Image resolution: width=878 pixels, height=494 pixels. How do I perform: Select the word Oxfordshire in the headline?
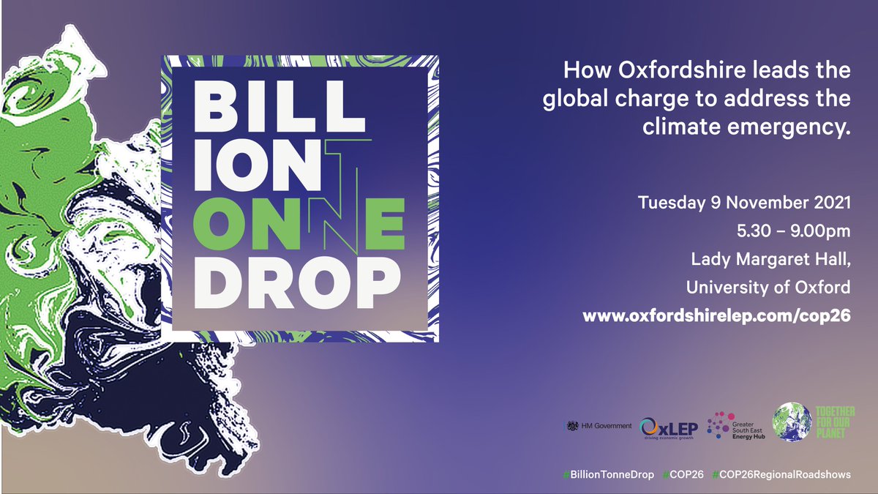pyautogui.click(x=677, y=72)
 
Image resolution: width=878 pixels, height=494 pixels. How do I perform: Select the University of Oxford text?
pyautogui.click(x=768, y=288)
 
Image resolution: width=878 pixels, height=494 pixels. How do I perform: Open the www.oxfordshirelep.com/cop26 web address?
pyautogui.click(x=716, y=316)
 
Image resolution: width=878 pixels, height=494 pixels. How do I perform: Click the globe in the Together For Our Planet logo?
pyautogui.click(x=793, y=422)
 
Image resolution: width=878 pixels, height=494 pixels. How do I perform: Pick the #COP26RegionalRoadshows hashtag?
pyautogui.click(x=781, y=474)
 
